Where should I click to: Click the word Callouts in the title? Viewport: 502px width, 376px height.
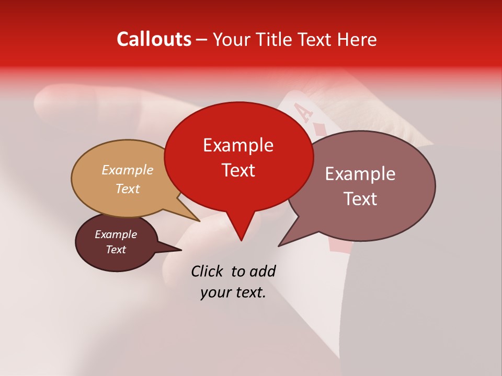154,39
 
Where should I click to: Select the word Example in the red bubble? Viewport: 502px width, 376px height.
238,145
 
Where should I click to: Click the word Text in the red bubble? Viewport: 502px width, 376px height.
238,170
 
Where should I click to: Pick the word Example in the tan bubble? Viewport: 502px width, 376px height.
127,170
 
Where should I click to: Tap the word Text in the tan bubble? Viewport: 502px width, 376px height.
127,189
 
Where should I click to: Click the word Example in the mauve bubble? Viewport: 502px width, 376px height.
360,174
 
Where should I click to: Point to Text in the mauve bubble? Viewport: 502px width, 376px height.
360,199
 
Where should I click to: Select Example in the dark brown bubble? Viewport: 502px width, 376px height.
116,234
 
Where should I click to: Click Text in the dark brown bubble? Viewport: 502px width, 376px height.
116,250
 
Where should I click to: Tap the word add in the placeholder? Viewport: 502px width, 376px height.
262,271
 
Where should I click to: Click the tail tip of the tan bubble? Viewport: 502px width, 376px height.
200,221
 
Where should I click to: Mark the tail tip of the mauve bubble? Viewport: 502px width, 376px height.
279,245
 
